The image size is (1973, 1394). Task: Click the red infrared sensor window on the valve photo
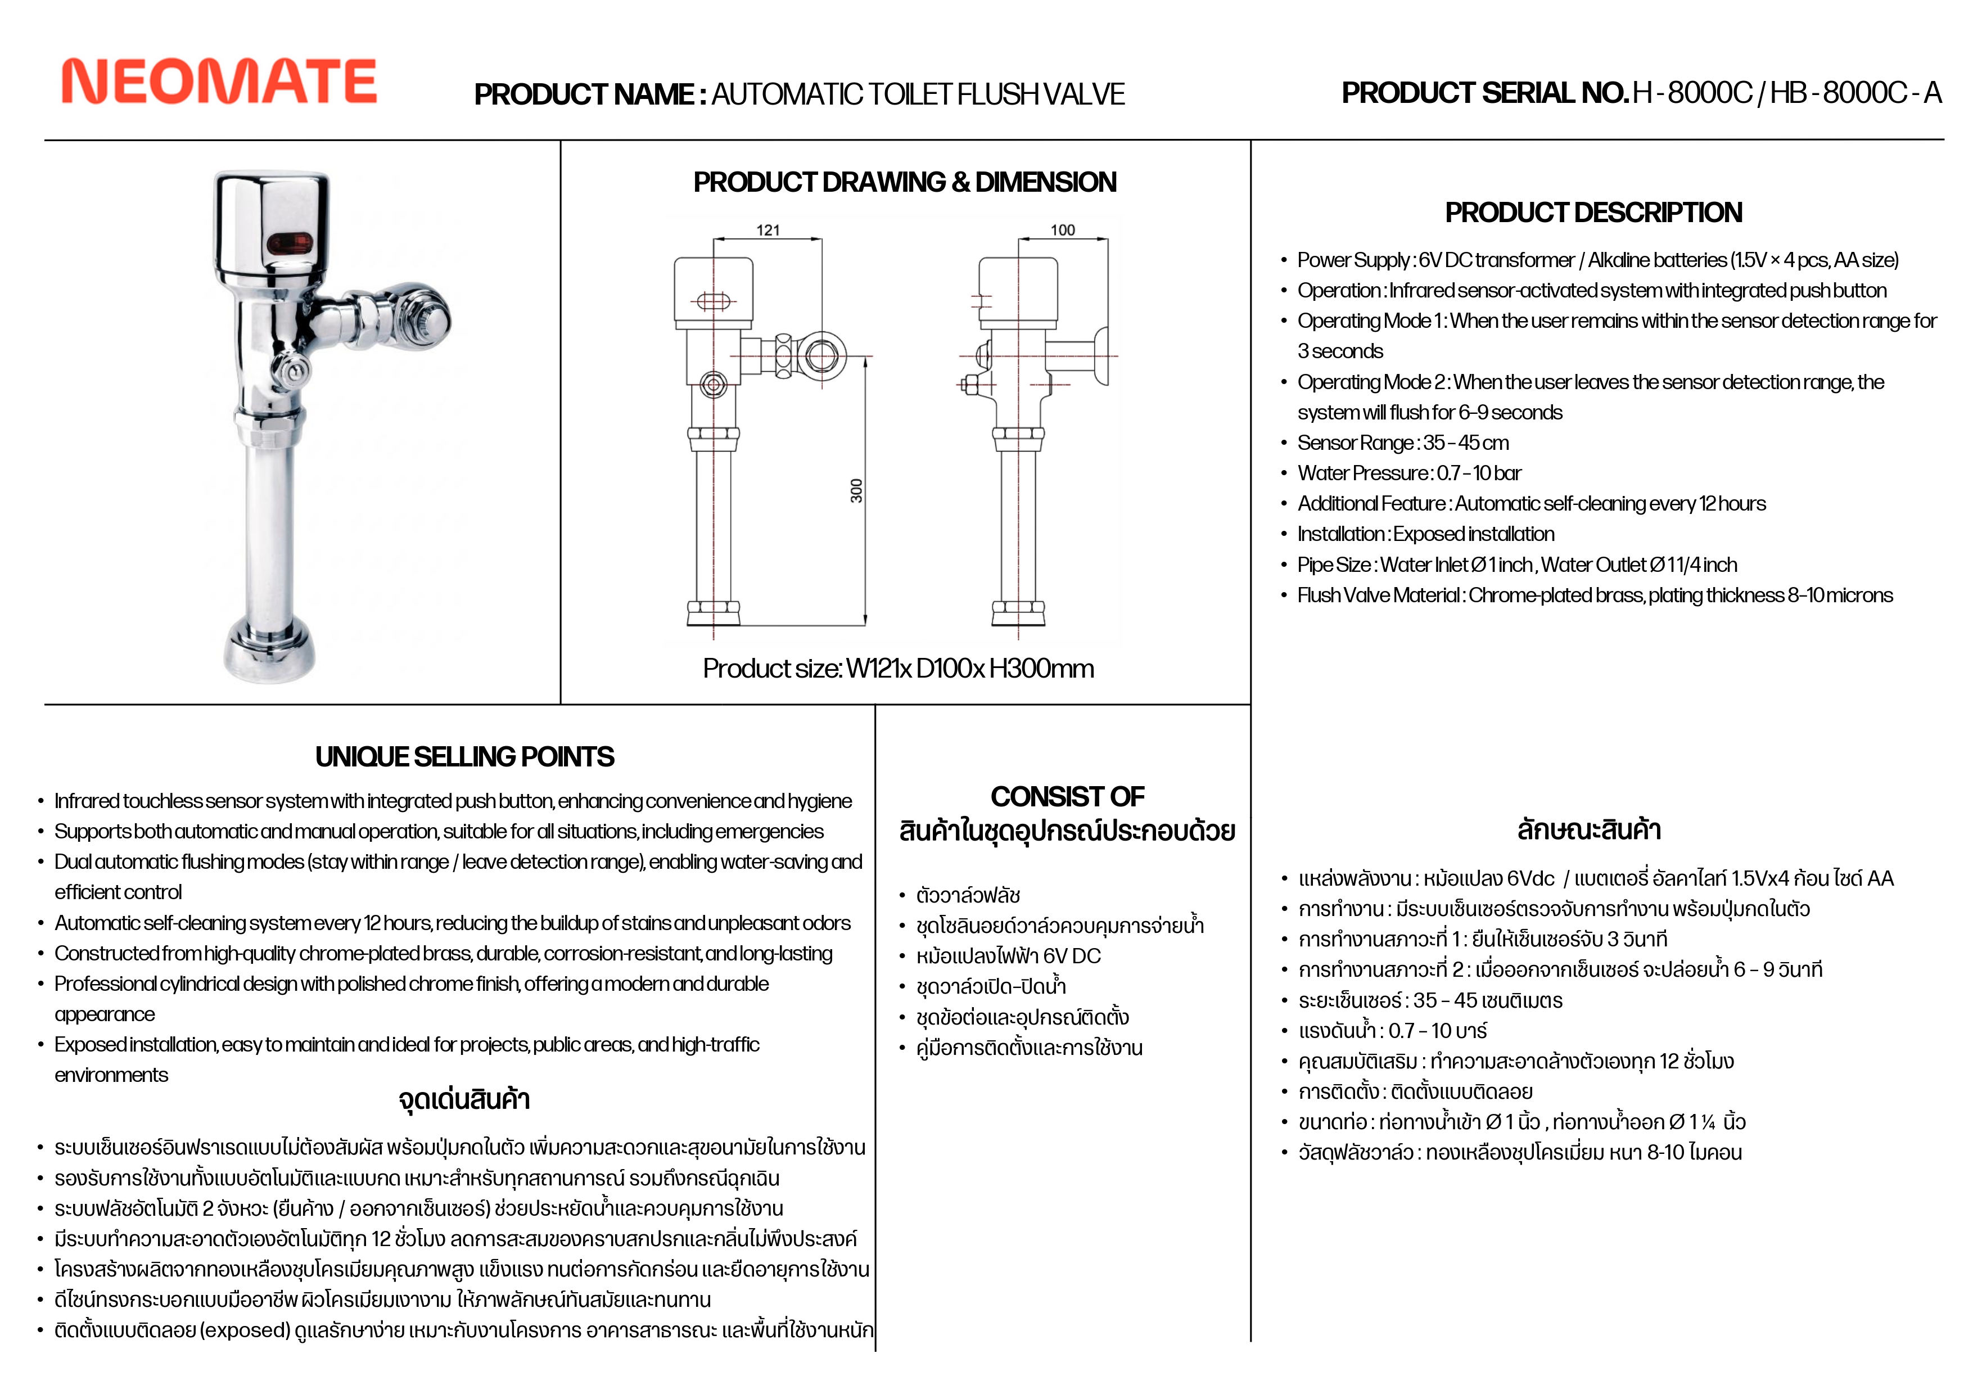(288, 244)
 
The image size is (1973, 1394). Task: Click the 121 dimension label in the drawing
(767, 231)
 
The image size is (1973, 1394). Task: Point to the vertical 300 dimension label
(856, 491)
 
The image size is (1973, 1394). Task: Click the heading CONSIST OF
(1067, 797)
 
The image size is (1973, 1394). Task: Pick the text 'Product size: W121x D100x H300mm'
(898, 669)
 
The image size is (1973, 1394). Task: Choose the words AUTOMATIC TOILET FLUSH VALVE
(918, 94)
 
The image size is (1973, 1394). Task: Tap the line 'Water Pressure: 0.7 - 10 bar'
(1409, 473)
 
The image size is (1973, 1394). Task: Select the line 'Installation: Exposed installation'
(1425, 535)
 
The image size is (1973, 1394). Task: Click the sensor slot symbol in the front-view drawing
(712, 301)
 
